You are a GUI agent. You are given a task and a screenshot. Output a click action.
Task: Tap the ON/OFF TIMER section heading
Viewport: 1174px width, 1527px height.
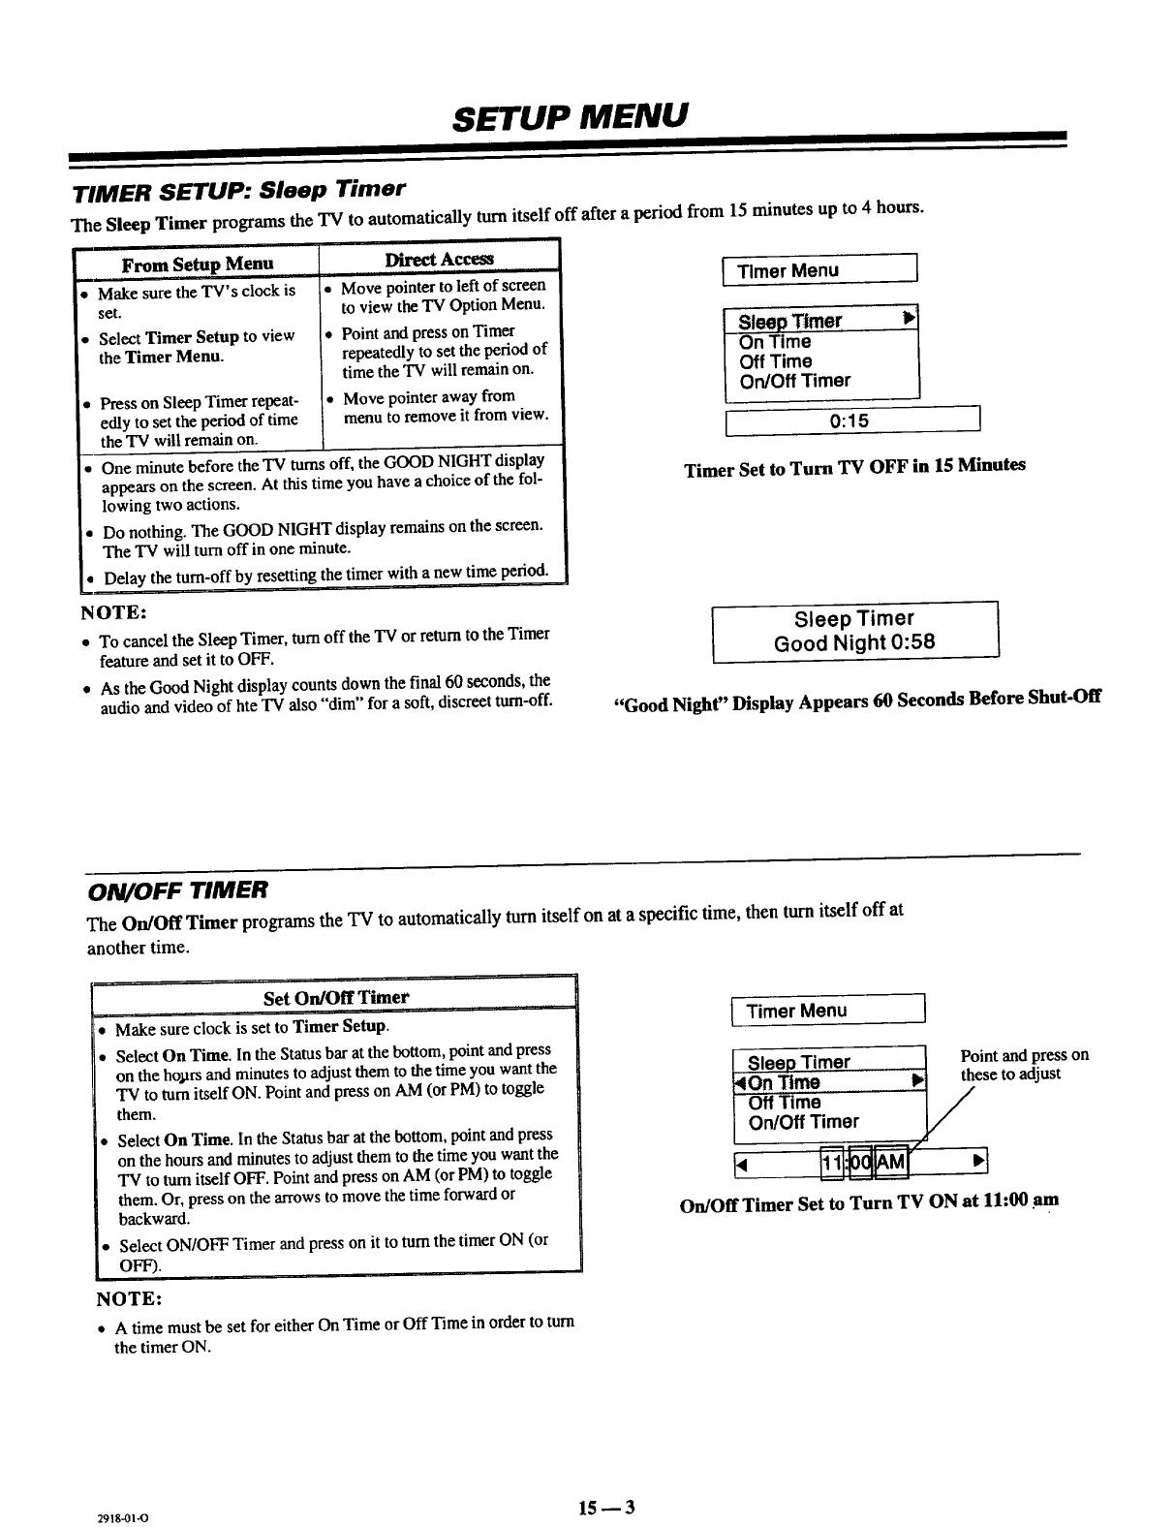pos(178,888)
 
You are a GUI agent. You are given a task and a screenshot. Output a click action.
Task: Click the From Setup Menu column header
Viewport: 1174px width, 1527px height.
pos(198,264)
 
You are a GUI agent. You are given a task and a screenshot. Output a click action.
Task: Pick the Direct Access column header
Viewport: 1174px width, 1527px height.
pos(439,258)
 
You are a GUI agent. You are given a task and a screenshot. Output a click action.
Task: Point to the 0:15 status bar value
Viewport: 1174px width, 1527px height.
pos(850,421)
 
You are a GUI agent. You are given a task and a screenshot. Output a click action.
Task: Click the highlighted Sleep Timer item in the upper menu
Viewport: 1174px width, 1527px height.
pos(790,321)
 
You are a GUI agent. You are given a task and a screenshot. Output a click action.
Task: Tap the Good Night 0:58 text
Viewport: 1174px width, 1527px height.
pos(854,642)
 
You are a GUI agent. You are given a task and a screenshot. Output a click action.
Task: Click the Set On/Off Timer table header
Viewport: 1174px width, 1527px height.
pos(336,997)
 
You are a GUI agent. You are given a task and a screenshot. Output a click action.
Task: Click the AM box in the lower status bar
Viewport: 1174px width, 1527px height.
pos(891,1163)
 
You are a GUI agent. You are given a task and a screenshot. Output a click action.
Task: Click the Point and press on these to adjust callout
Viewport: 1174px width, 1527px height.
pos(1024,1064)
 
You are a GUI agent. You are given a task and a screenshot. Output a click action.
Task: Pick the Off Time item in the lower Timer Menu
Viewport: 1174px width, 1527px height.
pos(785,1103)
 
